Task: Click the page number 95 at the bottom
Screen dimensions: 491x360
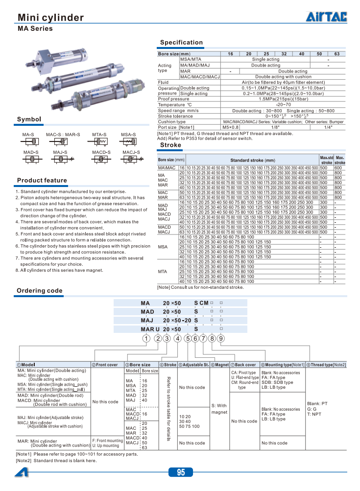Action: tap(181, 472)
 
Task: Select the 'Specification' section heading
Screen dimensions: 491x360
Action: tap(181, 43)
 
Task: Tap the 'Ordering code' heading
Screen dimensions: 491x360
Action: tap(40, 291)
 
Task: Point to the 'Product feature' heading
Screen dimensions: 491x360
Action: tap(42, 181)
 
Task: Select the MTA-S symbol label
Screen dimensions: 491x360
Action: tap(99, 134)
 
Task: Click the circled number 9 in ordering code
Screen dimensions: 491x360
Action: tap(221, 338)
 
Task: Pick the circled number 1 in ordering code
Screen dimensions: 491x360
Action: tap(145, 338)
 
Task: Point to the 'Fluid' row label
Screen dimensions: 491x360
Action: tap(163, 82)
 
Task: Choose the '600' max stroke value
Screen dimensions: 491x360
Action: tap(338, 168)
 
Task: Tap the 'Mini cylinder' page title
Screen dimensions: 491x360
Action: tap(50, 18)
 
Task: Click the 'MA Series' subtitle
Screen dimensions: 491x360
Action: tap(35, 29)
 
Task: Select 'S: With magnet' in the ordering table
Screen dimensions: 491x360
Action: tap(219, 409)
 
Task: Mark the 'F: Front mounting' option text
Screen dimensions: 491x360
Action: tap(107, 441)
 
